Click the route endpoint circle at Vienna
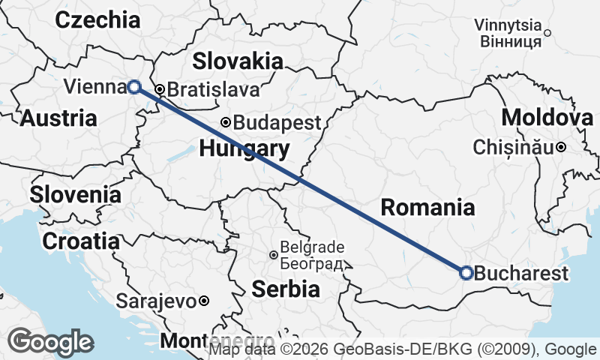pos(133,86)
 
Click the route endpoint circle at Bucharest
pos(466,273)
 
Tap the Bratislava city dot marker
pos(158,89)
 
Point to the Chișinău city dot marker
pos(561,148)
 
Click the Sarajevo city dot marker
pos(203,301)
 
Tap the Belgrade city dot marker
pos(273,255)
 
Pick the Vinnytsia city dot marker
pos(547,32)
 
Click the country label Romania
pos(427,208)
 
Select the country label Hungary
pos(244,148)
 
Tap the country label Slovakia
pos(238,61)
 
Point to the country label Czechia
pos(97,19)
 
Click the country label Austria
pos(58,118)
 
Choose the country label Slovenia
pos(75,195)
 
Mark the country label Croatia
pos(80,241)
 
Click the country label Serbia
pos(286,288)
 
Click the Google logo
pos(51,342)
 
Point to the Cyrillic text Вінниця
pos(508,41)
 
